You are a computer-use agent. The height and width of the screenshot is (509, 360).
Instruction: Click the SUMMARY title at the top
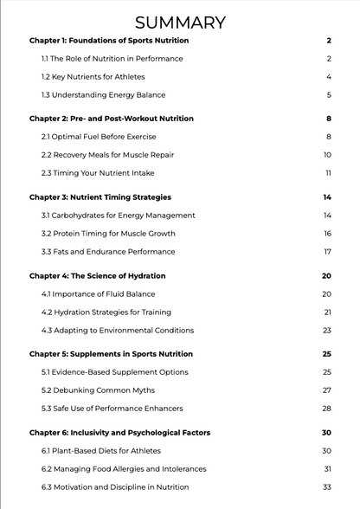click(180, 23)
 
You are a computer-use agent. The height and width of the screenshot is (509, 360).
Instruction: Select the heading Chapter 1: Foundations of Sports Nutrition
click(109, 41)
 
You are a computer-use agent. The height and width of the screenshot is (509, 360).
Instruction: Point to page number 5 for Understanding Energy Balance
click(329, 95)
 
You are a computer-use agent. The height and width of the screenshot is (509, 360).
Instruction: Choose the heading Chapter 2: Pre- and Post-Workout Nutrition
click(112, 119)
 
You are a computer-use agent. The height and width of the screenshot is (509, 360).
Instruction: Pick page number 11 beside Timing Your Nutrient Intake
click(328, 173)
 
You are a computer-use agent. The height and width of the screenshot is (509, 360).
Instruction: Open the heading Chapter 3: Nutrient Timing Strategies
click(100, 197)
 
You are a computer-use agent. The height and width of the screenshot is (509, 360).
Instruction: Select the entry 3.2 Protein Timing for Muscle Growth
click(108, 234)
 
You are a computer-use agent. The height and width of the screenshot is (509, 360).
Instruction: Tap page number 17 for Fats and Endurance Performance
click(328, 252)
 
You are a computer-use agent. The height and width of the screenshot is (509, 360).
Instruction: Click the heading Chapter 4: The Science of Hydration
click(97, 276)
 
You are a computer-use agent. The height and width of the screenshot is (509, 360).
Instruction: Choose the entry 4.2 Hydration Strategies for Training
click(106, 312)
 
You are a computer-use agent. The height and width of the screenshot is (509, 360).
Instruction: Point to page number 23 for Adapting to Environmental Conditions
click(327, 330)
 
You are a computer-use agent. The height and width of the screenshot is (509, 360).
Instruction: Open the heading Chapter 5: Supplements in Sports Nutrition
click(111, 354)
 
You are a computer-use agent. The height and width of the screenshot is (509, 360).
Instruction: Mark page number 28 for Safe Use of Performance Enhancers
click(327, 409)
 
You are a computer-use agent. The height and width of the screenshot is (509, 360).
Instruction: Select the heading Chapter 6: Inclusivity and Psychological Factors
click(119, 433)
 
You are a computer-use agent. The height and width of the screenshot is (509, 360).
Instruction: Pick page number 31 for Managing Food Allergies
click(328, 469)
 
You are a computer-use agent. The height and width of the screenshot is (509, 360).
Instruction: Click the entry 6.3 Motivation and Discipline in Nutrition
click(115, 487)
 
